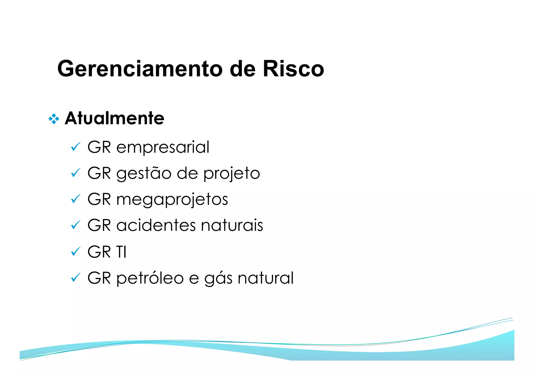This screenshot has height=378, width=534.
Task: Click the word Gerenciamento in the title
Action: point(139,69)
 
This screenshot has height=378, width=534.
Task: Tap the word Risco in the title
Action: point(293,69)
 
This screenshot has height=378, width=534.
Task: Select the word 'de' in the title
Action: point(242,69)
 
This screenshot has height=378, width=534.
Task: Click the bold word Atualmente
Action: point(114,118)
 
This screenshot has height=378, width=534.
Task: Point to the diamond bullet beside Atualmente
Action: point(54,119)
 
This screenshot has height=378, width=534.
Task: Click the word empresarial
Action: point(162,147)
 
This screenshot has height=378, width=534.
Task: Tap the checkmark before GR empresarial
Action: point(75,147)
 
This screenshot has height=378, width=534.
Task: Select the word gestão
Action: point(144,173)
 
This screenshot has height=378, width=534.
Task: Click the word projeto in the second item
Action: point(232,173)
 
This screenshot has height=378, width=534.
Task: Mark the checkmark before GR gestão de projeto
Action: point(75,173)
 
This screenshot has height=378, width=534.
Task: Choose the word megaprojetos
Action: point(172,200)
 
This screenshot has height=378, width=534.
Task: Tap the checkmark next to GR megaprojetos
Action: point(75,199)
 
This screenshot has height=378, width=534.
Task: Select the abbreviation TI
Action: point(121,252)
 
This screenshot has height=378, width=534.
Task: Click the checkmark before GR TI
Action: point(75,252)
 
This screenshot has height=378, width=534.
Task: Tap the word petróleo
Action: point(150,278)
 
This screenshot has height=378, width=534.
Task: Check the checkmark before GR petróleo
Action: point(75,278)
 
